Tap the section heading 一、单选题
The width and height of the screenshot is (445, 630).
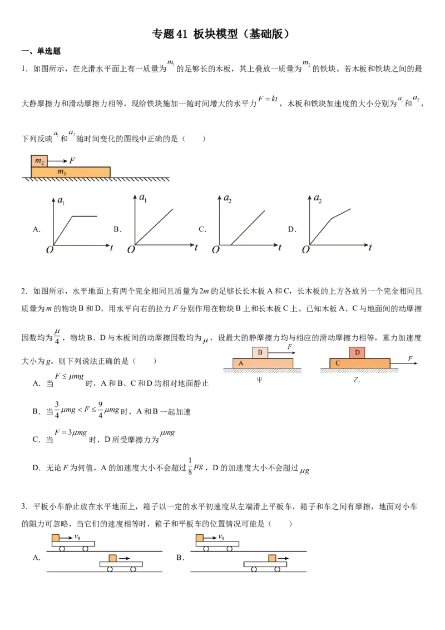tap(41, 51)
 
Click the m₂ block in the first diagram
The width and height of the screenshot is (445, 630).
tap(39, 161)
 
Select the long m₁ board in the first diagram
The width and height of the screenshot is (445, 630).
tap(71, 172)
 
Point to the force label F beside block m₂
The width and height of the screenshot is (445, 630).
tap(72, 161)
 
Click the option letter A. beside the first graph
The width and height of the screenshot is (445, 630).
tap(37, 229)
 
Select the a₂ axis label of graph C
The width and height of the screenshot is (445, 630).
tap(228, 199)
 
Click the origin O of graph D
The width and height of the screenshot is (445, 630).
tap(305, 250)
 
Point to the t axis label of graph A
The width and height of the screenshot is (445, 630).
tap(111, 248)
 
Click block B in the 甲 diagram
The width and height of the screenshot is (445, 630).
tap(260, 352)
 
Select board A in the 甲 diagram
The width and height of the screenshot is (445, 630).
tap(263, 363)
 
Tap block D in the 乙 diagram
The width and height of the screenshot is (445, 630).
tap(358, 352)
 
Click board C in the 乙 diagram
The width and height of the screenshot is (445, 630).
tap(360, 363)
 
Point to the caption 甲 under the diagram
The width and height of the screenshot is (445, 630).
tap(260, 380)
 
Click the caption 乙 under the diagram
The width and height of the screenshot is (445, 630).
tap(357, 380)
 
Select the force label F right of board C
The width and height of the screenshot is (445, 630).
tap(410, 358)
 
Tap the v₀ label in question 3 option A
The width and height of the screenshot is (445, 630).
tap(77, 537)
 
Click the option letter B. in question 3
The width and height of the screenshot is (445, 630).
tap(180, 557)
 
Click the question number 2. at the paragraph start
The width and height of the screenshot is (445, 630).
tap(24, 291)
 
